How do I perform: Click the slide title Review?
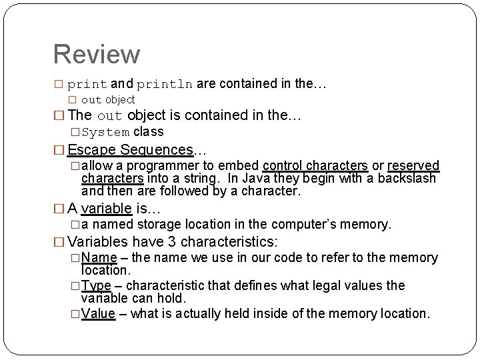click(97, 55)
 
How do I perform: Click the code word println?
click(165, 85)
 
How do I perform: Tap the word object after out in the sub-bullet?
click(120, 100)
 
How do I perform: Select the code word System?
click(105, 133)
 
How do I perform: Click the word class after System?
click(148, 132)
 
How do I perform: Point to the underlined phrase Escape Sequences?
click(130, 150)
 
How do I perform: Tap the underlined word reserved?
click(413, 165)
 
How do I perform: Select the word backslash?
click(407, 178)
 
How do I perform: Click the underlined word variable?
click(106, 209)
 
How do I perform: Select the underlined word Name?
click(99, 258)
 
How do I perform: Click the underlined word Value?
click(98, 313)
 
